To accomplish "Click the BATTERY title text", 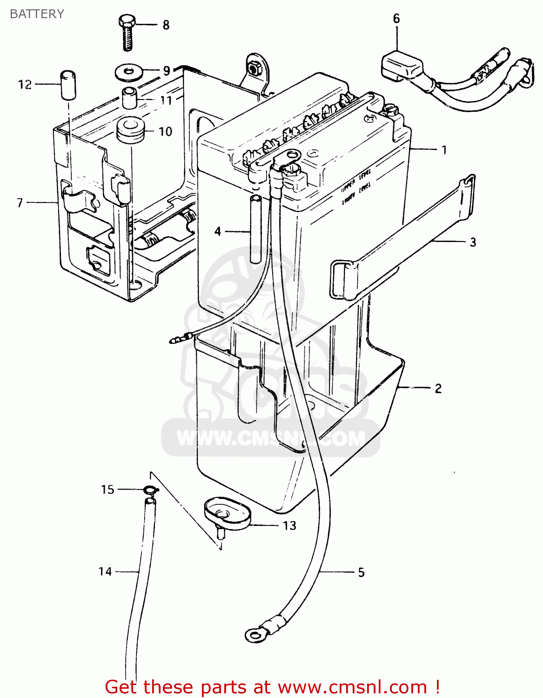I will [37, 14].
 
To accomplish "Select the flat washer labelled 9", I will [129, 72].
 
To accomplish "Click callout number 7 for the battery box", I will [20, 203].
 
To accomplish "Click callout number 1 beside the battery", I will [444, 150].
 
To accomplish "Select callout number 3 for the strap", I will [473, 242].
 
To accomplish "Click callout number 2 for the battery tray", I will [438, 389].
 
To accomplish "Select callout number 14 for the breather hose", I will [105, 571].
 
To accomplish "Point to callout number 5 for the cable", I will [361, 573].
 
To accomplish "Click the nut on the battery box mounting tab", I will [255, 68].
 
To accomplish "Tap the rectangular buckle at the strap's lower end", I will [342, 279].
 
